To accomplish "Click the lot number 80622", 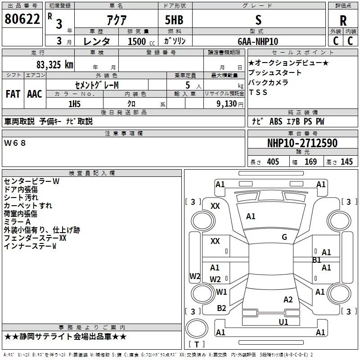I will click(x=22, y=19).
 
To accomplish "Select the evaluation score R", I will click(x=343, y=21).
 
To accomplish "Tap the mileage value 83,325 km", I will click(x=55, y=64).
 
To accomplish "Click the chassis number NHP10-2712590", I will click(x=302, y=143).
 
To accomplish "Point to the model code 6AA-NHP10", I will click(x=258, y=41).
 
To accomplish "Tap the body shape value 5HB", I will click(x=174, y=20).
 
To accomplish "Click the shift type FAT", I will click(x=13, y=94).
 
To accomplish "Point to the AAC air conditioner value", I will click(x=35, y=94).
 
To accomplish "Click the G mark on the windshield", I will click(x=284, y=237).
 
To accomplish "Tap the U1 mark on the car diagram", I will click(x=283, y=322).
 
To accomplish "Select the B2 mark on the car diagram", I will click(x=221, y=308).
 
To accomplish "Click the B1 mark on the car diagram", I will click(x=316, y=260).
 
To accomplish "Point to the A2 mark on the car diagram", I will click(x=288, y=300).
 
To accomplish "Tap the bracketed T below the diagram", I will click(x=197, y=345).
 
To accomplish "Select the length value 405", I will click(x=272, y=162).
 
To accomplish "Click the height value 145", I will click(x=346, y=162).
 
